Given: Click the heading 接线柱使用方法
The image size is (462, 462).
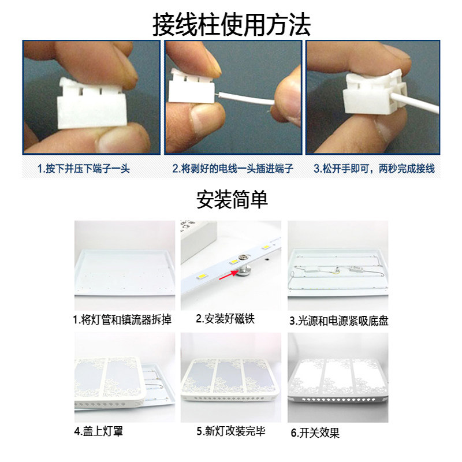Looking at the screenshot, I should [x=231, y=24].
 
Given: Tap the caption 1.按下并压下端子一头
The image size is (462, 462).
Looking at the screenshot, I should [x=84, y=169].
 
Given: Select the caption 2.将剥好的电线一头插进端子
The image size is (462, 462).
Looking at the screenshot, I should [x=233, y=169].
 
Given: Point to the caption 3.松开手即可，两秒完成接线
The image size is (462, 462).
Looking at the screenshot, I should [x=374, y=169].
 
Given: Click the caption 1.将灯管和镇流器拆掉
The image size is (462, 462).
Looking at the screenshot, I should [x=122, y=319].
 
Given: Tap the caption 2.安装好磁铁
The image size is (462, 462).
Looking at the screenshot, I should [x=225, y=319].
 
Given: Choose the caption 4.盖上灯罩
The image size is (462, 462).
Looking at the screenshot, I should [x=99, y=431].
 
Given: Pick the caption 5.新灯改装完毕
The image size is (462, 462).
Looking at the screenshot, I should [x=231, y=431].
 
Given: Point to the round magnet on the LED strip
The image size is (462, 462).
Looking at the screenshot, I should [x=241, y=270].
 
